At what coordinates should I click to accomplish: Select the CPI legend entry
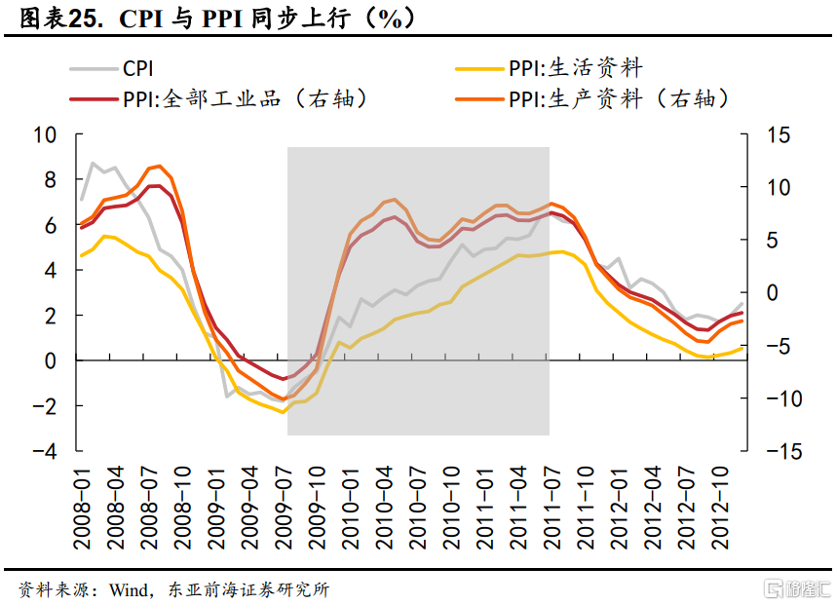tap(137, 68)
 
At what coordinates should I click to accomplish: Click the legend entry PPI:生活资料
tap(575, 68)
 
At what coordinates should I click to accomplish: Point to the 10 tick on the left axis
tap(46, 134)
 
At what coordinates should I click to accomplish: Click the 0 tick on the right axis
tap(773, 293)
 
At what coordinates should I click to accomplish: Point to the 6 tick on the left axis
tap(49, 225)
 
